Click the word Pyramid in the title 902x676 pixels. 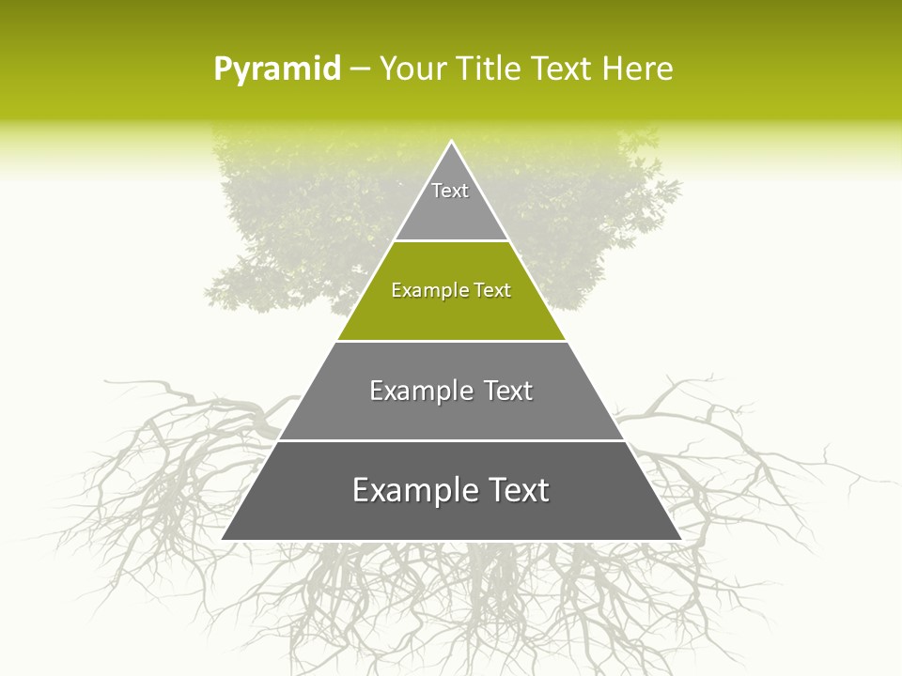276,69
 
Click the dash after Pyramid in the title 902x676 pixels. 360,69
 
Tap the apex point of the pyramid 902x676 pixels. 451,142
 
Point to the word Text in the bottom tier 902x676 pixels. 515,491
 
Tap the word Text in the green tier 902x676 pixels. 492,291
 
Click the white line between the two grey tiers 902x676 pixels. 451,440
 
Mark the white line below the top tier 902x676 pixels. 451,241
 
